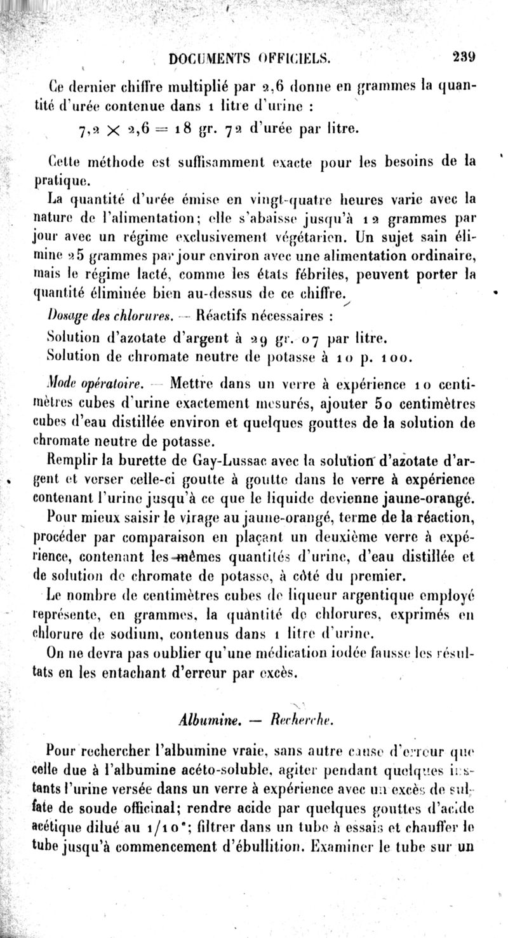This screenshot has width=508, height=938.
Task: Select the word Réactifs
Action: coord(227,314)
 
